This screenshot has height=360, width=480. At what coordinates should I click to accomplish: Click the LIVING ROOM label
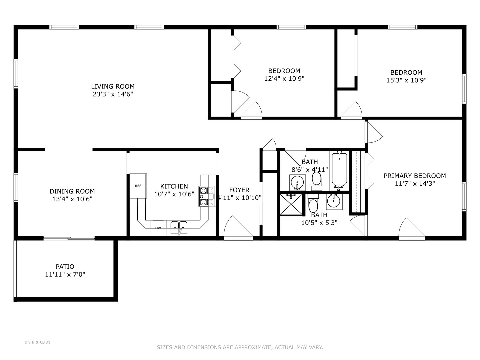[113, 86]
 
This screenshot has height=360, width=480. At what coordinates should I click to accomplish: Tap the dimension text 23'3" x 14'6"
[113, 94]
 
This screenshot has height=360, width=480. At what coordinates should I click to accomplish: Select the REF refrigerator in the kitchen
[138, 186]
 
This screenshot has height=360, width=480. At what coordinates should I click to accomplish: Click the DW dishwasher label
[158, 228]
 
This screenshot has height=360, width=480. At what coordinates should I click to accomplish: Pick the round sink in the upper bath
[297, 182]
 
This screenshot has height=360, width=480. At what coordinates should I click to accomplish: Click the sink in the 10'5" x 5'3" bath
[334, 201]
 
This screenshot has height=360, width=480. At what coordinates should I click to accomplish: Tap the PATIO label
[65, 267]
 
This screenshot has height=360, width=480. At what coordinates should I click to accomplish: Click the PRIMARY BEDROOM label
[415, 176]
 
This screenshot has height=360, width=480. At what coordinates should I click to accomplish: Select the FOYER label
[239, 190]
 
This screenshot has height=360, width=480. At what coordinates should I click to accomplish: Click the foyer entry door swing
[237, 228]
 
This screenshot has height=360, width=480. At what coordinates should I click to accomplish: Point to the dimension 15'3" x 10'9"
[406, 80]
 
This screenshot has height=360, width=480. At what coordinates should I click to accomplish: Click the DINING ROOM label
[72, 191]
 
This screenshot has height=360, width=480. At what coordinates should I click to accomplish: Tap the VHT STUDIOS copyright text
[37, 342]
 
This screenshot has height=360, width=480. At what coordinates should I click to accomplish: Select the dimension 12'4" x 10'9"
[284, 79]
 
